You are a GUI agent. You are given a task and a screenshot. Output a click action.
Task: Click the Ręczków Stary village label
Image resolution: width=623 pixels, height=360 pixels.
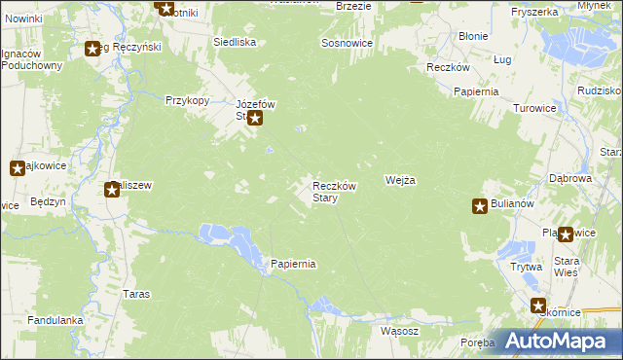[x=338, y=192]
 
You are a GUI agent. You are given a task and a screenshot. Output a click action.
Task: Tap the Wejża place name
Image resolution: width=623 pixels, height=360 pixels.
[x=401, y=181]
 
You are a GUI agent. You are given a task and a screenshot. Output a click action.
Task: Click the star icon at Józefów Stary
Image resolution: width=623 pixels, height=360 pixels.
[x=255, y=120]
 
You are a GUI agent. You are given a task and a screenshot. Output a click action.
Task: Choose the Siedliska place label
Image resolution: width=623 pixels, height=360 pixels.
[x=235, y=43]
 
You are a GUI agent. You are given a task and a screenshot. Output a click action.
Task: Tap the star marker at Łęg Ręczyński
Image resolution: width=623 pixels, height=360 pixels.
[x=92, y=49]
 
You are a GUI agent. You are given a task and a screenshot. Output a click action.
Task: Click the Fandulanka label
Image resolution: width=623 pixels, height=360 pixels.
[x=56, y=319]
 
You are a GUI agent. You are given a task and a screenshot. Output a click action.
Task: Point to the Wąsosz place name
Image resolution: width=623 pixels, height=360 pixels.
[x=399, y=331]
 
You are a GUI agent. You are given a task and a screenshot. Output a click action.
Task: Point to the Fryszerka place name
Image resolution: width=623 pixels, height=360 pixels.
[x=533, y=12]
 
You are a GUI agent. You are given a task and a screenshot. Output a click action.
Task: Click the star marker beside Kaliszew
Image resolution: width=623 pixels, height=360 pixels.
[x=112, y=189]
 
